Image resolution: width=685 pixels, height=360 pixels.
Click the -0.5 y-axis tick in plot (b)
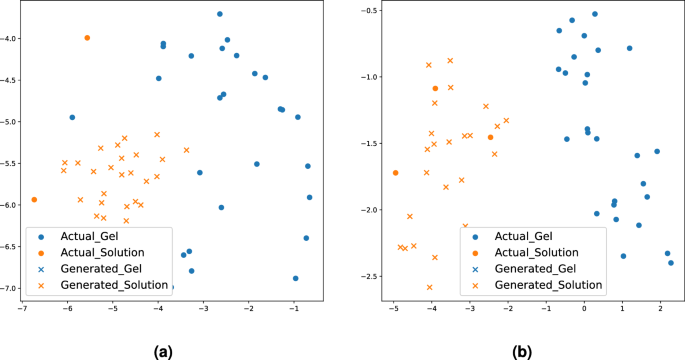pos(361,11)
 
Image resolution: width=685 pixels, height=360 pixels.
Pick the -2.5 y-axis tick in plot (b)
pos(361,277)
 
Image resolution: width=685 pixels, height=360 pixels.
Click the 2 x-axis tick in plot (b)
pos(660,309)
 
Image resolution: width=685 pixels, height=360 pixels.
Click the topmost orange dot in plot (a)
pos(87,38)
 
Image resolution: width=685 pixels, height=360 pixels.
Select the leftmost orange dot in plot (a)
pos(34,200)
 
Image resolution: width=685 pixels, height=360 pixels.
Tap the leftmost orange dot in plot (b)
pos(395,173)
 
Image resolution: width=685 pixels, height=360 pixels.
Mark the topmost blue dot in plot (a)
pos(220,14)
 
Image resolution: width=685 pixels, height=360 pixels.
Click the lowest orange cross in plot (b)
pos(430,287)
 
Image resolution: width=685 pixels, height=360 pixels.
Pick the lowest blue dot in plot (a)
pos(296,278)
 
